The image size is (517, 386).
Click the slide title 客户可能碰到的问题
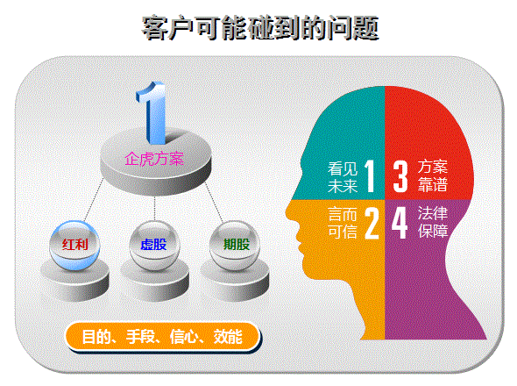pyautogui.click(x=260, y=28)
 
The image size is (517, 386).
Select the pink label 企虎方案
pyautogui.click(x=154, y=159)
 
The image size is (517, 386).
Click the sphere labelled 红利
pyautogui.click(x=74, y=245)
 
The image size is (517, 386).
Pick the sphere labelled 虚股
pyautogui.click(x=154, y=245)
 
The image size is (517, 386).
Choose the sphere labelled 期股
pyautogui.click(x=235, y=245)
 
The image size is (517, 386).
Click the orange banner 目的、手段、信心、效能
pyautogui.click(x=163, y=337)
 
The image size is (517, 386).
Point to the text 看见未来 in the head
pyautogui.click(x=343, y=177)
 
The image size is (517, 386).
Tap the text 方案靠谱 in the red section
pyautogui.click(x=433, y=175)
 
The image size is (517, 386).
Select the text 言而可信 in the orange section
pyautogui.click(x=343, y=223)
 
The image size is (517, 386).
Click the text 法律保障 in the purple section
pyautogui.click(x=433, y=222)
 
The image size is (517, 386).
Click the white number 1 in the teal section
pyautogui.click(x=370, y=176)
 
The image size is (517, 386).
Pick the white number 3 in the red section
pyautogui.click(x=400, y=176)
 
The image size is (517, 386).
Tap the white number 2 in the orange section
pyautogui.click(x=372, y=223)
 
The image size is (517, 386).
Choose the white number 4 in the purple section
pyautogui.click(x=400, y=222)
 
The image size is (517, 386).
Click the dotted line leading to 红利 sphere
pyautogui.click(x=94, y=200)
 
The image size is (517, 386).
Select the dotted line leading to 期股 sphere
pyautogui.click(x=215, y=202)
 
